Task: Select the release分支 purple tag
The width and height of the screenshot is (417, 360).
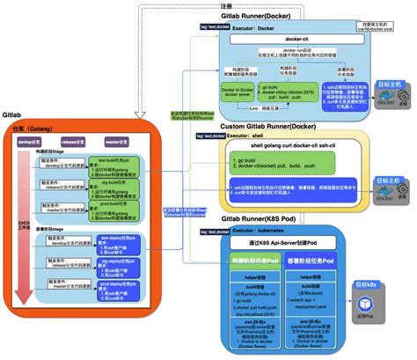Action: (x=72, y=140)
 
